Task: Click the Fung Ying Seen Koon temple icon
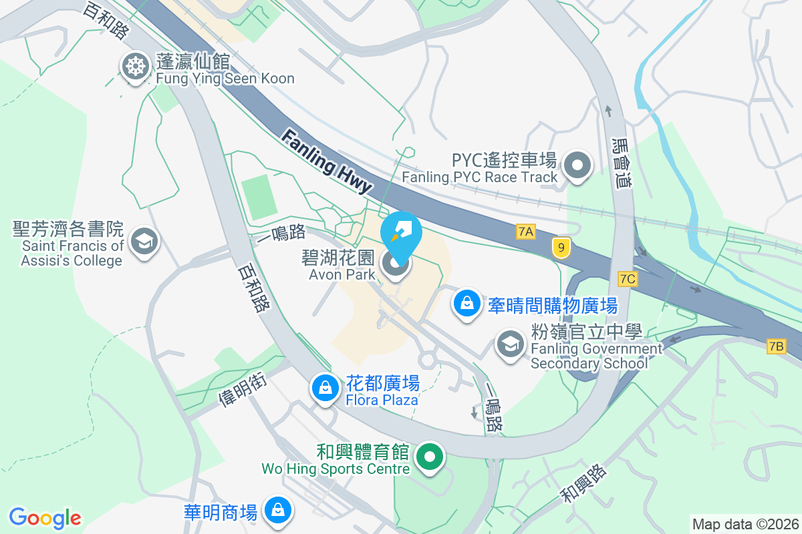click(x=135, y=67)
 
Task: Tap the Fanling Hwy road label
click(x=326, y=162)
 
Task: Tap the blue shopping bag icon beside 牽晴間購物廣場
click(x=467, y=304)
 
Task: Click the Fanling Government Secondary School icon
click(x=510, y=345)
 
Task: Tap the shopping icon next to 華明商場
click(x=276, y=511)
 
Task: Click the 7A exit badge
click(x=526, y=232)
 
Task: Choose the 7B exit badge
click(x=776, y=346)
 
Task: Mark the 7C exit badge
click(x=627, y=279)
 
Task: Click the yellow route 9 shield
click(x=561, y=248)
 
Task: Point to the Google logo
click(x=45, y=518)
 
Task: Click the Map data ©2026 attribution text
click(x=745, y=524)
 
